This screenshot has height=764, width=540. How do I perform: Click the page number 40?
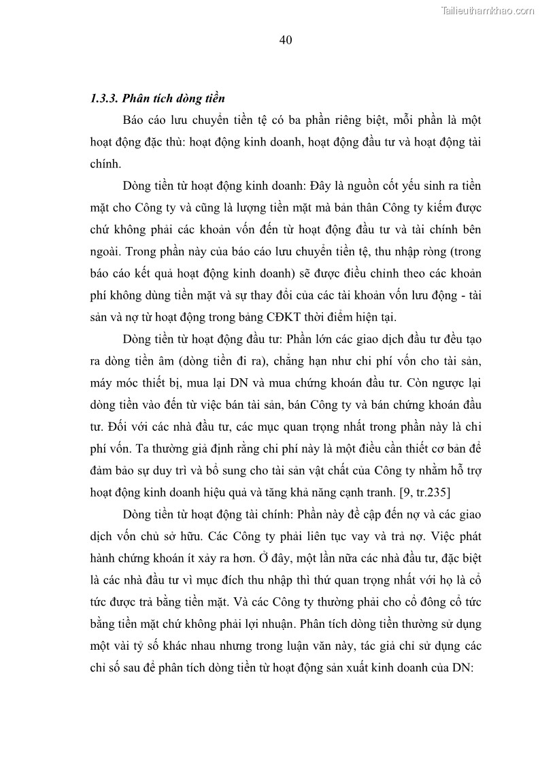coord(286,40)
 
